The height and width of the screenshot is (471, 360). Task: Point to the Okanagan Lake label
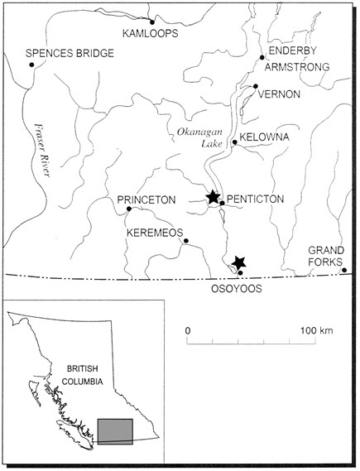(196, 137)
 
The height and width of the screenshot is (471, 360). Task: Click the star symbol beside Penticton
(213, 197)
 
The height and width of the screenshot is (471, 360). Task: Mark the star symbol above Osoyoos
(239, 263)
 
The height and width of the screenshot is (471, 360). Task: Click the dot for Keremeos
(185, 241)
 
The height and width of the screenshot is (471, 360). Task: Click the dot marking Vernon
(256, 86)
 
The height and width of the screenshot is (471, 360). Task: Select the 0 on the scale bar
(188, 330)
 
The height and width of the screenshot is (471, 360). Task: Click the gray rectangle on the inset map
(115, 431)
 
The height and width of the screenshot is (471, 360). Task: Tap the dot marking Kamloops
(152, 22)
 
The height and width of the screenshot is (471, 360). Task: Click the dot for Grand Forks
(343, 270)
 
